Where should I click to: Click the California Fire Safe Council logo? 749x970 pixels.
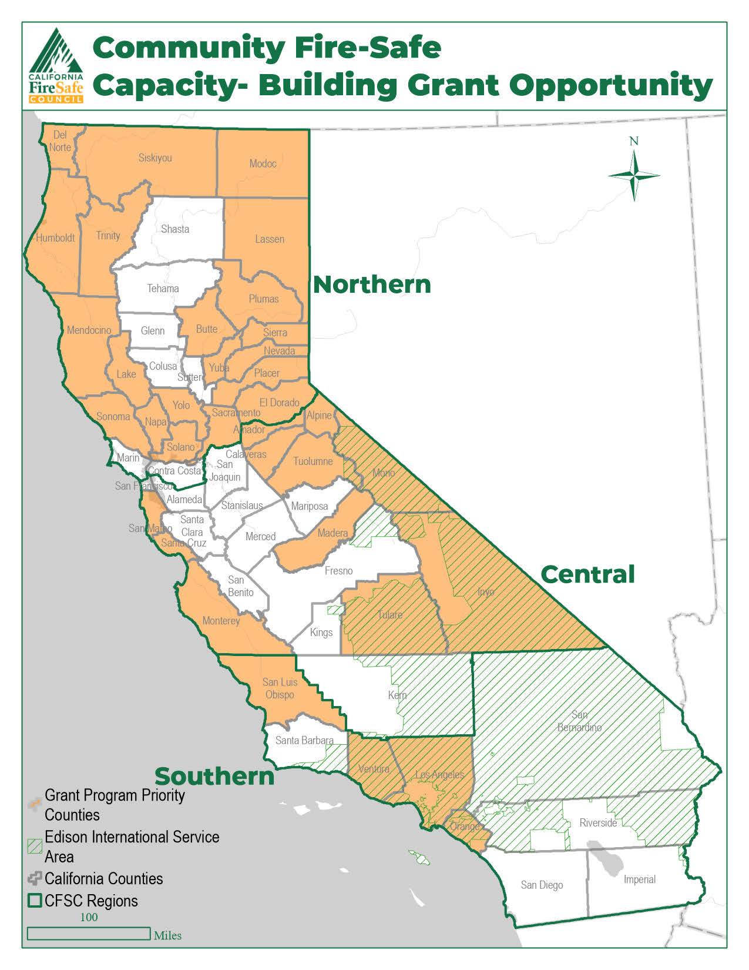pyautogui.click(x=56, y=66)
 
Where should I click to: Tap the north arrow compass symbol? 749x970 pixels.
pyautogui.click(x=634, y=175)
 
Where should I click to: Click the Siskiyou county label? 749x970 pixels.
pyautogui.click(x=155, y=158)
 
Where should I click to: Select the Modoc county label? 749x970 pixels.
pyautogui.click(x=263, y=163)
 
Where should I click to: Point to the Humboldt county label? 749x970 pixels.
pyautogui.click(x=55, y=238)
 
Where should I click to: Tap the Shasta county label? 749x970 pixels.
pyautogui.click(x=175, y=229)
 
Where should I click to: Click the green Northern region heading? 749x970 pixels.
pyautogui.click(x=372, y=285)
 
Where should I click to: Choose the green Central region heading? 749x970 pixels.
pyautogui.click(x=587, y=574)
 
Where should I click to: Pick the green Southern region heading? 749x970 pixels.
pyautogui.click(x=214, y=776)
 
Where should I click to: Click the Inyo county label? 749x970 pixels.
pyautogui.click(x=486, y=591)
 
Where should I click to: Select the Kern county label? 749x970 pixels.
pyautogui.click(x=397, y=695)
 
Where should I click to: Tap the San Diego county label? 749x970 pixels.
pyautogui.click(x=542, y=885)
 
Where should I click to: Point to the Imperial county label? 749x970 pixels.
pyautogui.click(x=639, y=879)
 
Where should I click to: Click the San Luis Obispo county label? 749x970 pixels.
pyautogui.click(x=280, y=688)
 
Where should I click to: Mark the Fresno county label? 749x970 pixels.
pyautogui.click(x=338, y=571)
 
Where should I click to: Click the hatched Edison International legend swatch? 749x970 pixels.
pyautogui.click(x=35, y=846)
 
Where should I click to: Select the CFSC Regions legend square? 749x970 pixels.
pyautogui.click(x=35, y=901)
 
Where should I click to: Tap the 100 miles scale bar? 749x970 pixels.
pyautogui.click(x=89, y=933)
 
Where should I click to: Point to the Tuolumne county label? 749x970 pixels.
pyautogui.click(x=313, y=461)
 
